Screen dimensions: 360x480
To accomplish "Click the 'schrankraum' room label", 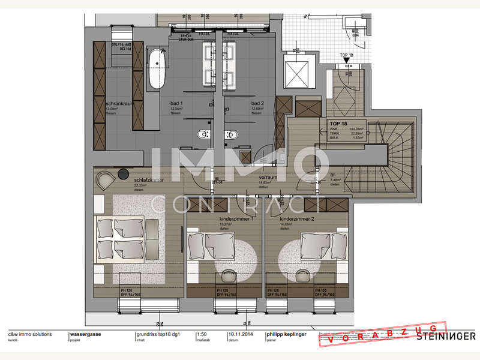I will tap(119, 104).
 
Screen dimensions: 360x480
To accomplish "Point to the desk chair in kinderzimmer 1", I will tap(227, 275).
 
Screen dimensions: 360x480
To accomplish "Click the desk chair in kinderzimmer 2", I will tap(303, 275).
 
